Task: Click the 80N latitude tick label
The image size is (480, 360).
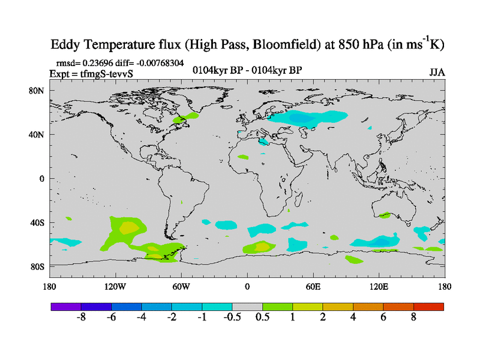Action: click(x=38, y=91)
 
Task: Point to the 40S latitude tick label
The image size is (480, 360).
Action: click(x=38, y=223)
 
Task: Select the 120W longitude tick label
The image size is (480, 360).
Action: click(x=115, y=286)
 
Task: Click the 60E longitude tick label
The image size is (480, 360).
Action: click(x=313, y=286)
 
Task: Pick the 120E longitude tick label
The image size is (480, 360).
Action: click(x=379, y=286)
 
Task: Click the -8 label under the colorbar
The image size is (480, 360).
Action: click(x=82, y=318)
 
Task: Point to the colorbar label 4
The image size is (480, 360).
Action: click(x=353, y=318)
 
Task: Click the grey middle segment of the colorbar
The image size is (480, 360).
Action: click(x=247, y=307)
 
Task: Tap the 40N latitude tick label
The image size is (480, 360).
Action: click(x=38, y=134)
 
